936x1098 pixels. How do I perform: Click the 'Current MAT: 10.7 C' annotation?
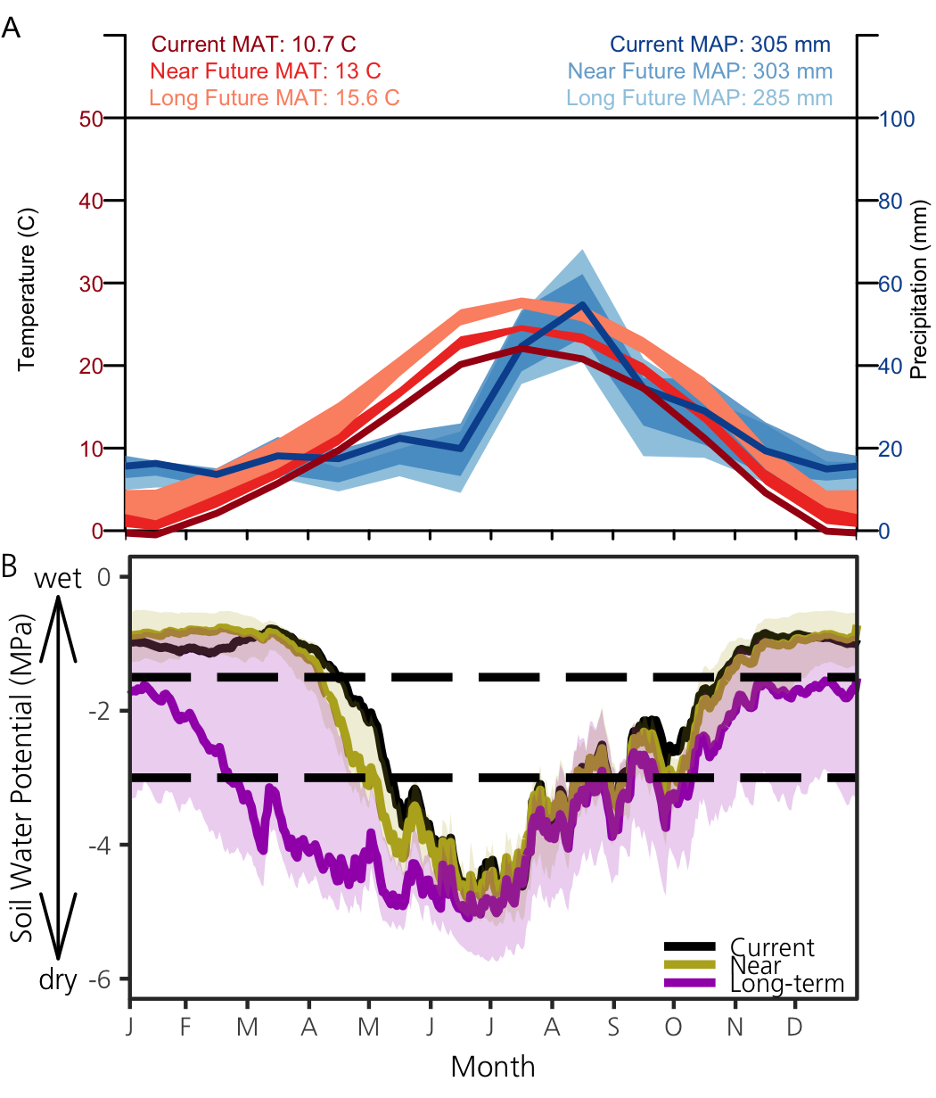[x=254, y=45]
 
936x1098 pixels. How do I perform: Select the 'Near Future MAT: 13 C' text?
[x=266, y=71]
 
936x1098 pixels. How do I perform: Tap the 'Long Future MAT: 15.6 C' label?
[x=275, y=98]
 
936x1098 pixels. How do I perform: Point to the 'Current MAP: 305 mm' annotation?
[x=720, y=45]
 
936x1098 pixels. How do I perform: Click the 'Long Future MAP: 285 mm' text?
[x=700, y=98]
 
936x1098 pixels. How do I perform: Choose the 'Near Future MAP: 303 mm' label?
[x=701, y=71]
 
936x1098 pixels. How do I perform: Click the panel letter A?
[x=12, y=28]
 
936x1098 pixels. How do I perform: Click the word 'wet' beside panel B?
[x=58, y=579]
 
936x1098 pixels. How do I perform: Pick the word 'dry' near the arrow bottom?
[x=58, y=980]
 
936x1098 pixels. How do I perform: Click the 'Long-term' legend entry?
[x=786, y=984]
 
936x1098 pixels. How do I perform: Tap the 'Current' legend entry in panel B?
[x=772, y=947]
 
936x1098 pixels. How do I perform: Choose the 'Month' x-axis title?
[x=493, y=1067]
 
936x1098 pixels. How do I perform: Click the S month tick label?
[x=612, y=1027]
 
